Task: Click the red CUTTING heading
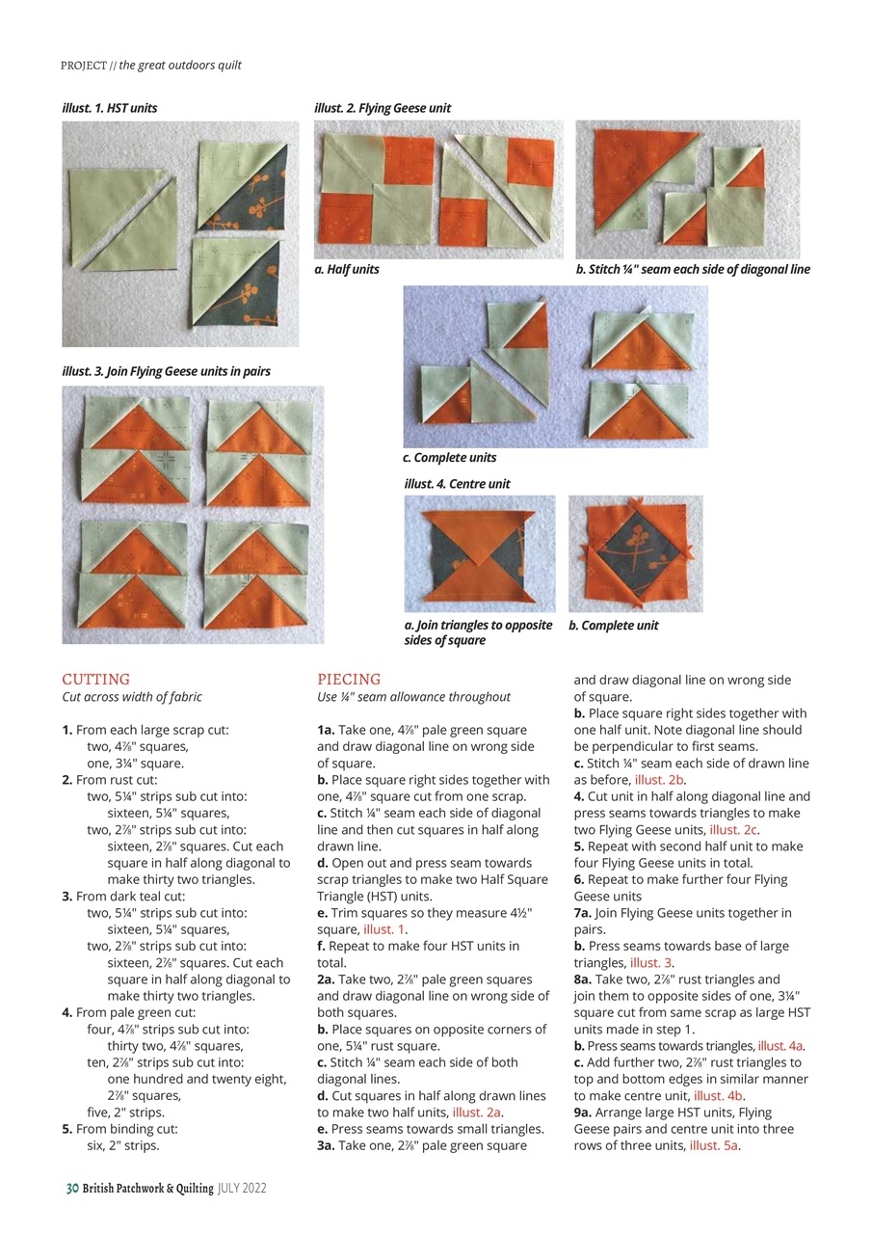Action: coord(95,679)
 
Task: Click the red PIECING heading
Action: coord(349,679)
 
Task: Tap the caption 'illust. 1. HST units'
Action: coord(109,108)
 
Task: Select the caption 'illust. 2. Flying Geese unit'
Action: coord(382,108)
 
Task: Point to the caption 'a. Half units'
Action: coord(347,270)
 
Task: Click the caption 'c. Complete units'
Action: coord(449,458)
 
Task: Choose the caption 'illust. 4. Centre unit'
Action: coord(457,484)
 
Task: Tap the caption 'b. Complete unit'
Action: coord(613,626)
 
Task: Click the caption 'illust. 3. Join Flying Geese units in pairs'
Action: coord(166,371)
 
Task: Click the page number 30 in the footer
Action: coord(71,1189)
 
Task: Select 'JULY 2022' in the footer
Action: coord(241,1189)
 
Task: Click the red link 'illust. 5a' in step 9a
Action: coord(714,1145)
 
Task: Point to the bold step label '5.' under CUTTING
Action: coord(67,1129)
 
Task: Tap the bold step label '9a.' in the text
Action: coord(584,1113)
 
